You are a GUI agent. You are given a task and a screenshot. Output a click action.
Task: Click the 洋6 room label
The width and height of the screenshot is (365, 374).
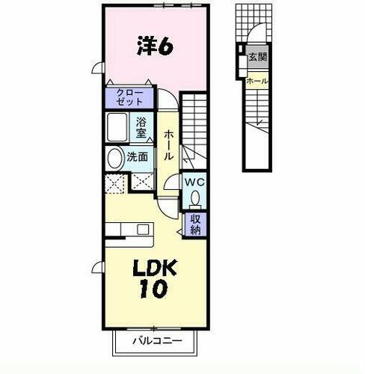click(155, 46)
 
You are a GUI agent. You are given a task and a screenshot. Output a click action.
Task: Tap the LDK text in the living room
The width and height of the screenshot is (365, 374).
click(156, 267)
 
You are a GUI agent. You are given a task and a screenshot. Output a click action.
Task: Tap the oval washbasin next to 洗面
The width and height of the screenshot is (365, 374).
click(114, 158)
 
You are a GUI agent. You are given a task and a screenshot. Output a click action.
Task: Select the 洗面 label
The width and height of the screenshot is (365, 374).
click(136, 158)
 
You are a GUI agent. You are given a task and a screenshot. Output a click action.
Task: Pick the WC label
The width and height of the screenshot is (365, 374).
click(194, 182)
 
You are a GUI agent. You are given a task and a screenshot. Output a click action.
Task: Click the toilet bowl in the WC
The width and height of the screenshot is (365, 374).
click(194, 199)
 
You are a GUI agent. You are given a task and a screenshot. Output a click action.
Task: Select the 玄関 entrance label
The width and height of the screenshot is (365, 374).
click(257, 56)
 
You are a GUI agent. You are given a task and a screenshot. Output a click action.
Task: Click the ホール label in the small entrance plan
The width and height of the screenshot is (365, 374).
click(257, 80)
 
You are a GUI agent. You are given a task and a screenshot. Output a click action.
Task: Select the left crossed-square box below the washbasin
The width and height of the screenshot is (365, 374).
click(115, 183)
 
